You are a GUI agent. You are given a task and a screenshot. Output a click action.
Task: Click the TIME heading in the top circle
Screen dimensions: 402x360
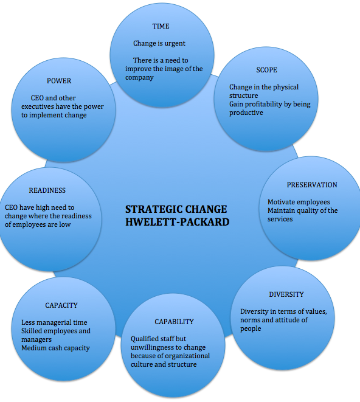pos(161,27)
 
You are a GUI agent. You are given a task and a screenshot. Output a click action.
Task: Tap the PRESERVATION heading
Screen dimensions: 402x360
pos(311,185)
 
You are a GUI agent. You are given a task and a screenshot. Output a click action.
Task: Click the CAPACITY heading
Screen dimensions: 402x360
pos(61,305)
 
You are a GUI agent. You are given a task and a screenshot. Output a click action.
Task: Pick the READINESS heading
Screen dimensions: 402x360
pos(47,190)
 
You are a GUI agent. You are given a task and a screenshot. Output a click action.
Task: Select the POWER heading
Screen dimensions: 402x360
pos(59,81)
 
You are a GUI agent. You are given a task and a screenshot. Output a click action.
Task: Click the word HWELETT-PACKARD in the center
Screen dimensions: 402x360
pos(177,222)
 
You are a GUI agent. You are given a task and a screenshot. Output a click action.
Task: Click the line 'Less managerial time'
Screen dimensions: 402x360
pos(50,322)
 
